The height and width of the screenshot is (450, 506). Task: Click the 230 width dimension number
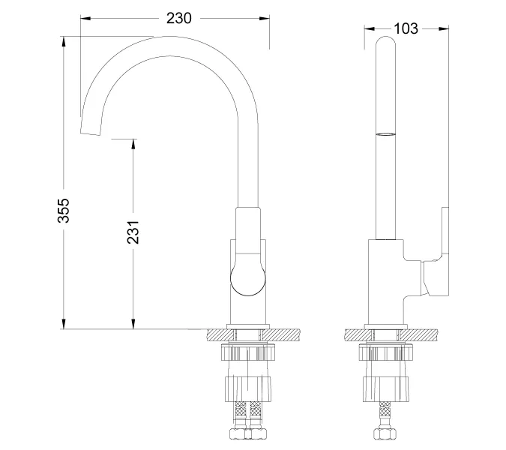click(x=173, y=16)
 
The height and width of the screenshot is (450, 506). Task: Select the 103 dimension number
click(x=405, y=28)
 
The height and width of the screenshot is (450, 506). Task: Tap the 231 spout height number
click(x=133, y=233)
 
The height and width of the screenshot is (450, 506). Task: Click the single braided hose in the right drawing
click(x=385, y=417)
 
